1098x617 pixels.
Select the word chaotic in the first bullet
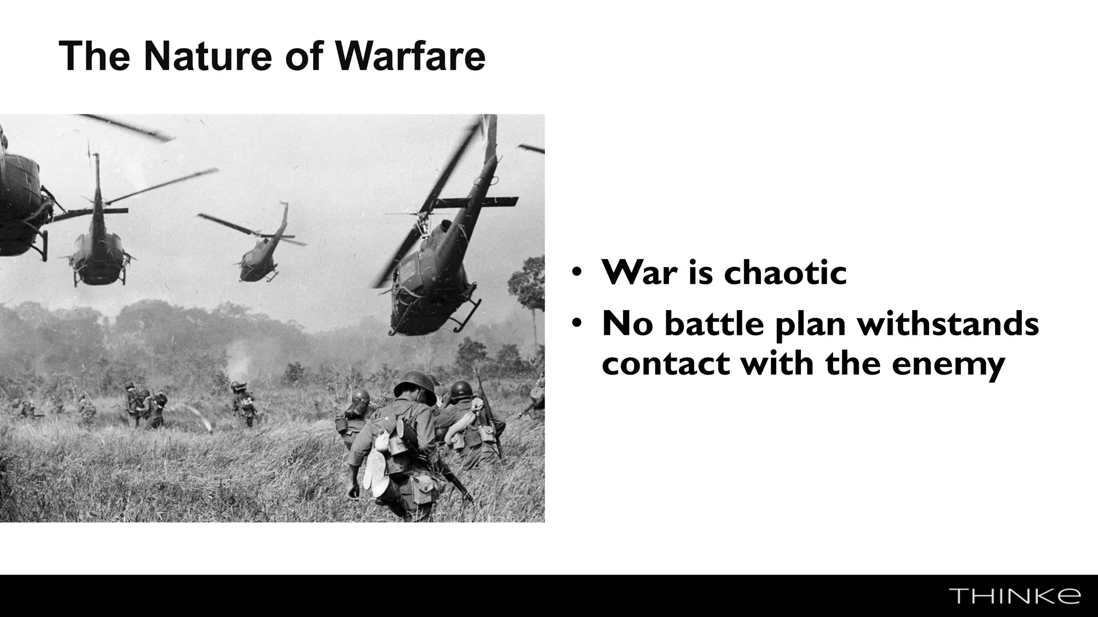(x=785, y=272)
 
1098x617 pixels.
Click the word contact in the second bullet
(x=665, y=363)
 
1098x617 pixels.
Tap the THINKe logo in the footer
(x=1014, y=596)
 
